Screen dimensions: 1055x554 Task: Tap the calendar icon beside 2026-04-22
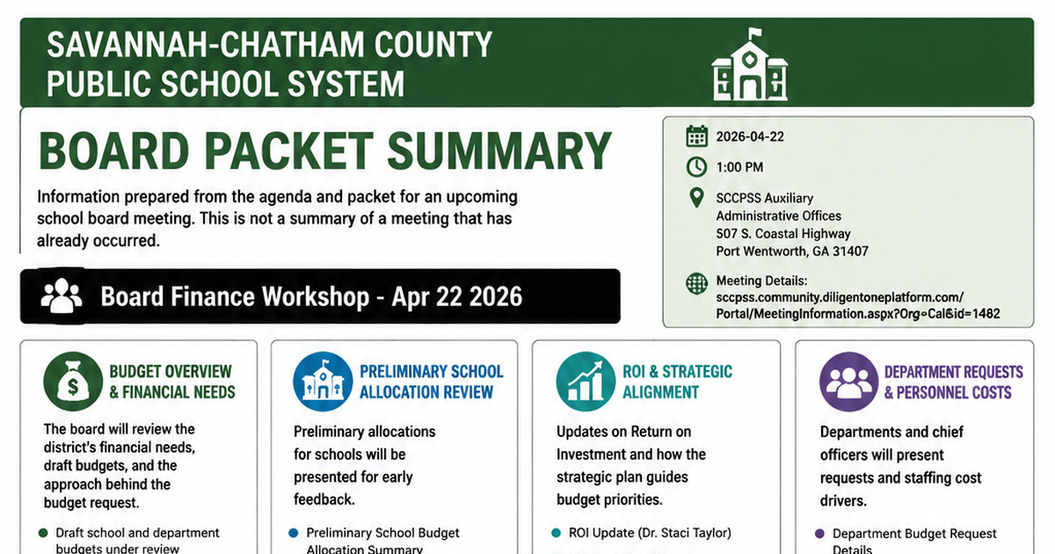point(696,136)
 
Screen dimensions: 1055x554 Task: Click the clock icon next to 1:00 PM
point(696,167)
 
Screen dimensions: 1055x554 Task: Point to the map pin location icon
point(696,197)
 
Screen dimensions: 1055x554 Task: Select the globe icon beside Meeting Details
point(696,283)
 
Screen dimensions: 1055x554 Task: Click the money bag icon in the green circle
point(73,382)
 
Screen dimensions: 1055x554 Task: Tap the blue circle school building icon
point(323,382)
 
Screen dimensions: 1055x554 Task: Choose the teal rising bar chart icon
point(586,382)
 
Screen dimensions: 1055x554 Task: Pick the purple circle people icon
point(848,382)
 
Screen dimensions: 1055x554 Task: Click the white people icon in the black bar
point(62,295)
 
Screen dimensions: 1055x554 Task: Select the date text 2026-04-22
point(750,136)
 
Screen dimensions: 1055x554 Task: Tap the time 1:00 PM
point(739,167)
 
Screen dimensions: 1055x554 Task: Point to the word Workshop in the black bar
point(316,297)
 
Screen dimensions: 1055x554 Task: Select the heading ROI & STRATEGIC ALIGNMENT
point(677,382)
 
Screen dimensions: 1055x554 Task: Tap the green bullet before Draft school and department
point(43,533)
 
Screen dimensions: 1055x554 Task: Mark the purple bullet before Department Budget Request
point(820,534)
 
